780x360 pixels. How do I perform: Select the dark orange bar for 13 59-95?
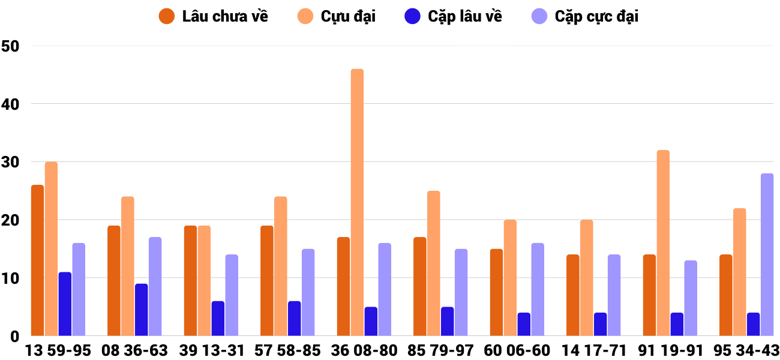[37, 260]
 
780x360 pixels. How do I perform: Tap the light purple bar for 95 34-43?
[767, 255]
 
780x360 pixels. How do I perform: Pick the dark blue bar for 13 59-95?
[65, 304]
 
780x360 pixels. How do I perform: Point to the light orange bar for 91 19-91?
[663, 243]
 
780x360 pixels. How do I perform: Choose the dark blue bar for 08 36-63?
[141, 310]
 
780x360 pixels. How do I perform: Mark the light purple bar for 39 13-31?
[232, 295]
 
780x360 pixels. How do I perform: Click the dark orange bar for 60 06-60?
[496, 292]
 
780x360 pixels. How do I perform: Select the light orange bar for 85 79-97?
[434, 263]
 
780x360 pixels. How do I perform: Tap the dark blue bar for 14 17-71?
[600, 324]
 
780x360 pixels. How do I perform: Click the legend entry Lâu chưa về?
[214, 16]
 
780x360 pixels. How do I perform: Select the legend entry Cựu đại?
[337, 16]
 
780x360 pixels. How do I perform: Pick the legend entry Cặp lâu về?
[453, 16]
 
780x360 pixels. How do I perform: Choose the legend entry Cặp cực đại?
[585, 16]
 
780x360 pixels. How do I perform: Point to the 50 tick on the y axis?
[11, 46]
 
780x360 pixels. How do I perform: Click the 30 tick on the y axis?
[11, 162]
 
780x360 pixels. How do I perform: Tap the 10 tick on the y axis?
[11, 278]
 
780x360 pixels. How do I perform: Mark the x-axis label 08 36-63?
[134, 350]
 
